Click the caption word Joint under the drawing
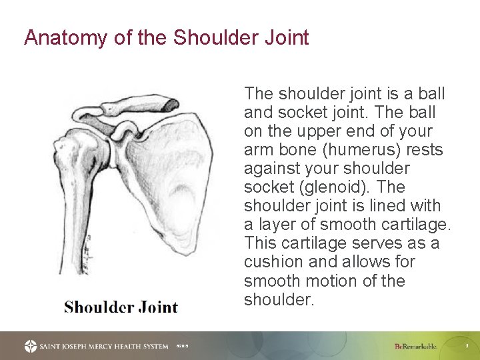(159, 307)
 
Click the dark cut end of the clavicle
(171, 104)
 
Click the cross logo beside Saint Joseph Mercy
(31, 346)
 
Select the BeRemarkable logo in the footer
(415, 346)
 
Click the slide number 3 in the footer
(467, 346)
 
